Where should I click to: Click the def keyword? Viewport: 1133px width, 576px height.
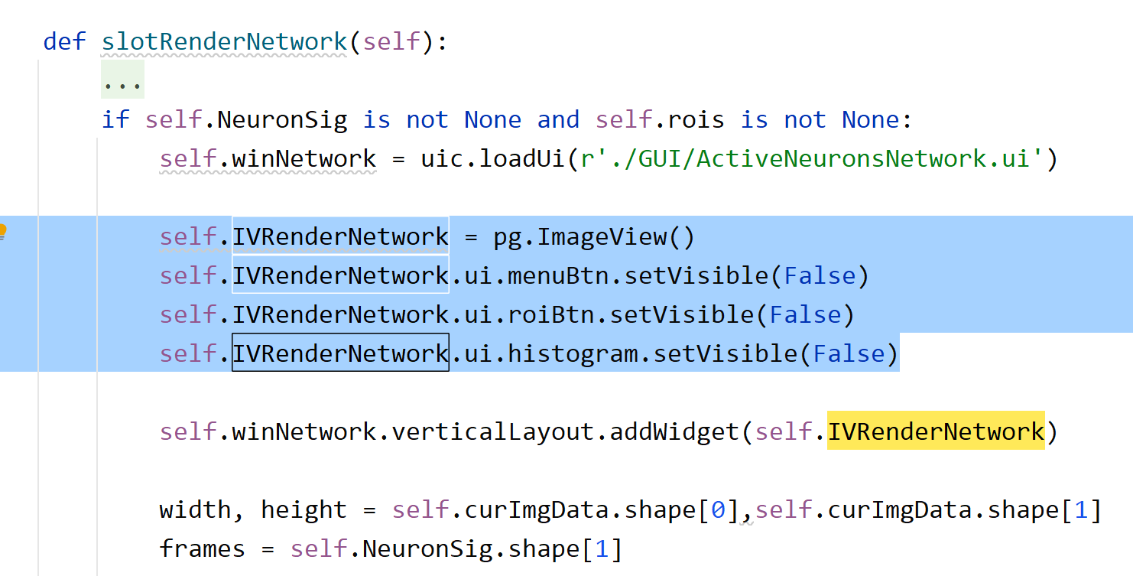[x=64, y=41]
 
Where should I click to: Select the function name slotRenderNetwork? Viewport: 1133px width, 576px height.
[x=225, y=41]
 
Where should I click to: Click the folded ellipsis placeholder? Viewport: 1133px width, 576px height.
[x=122, y=81]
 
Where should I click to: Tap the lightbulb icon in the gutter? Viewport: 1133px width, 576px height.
[x=2, y=231]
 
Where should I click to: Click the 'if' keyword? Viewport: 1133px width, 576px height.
[x=115, y=120]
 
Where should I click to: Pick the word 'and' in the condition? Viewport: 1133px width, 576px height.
[x=558, y=120]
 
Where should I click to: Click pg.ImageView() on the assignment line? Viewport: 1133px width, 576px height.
[x=594, y=237]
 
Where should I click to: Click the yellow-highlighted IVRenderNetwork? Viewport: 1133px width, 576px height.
[x=936, y=432]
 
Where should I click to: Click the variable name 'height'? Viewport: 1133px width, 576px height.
[x=304, y=510]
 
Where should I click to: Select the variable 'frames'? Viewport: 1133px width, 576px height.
[x=203, y=549]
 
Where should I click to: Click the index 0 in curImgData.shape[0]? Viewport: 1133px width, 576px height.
[x=719, y=510]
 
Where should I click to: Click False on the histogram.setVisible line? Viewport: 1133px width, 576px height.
[x=849, y=354]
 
